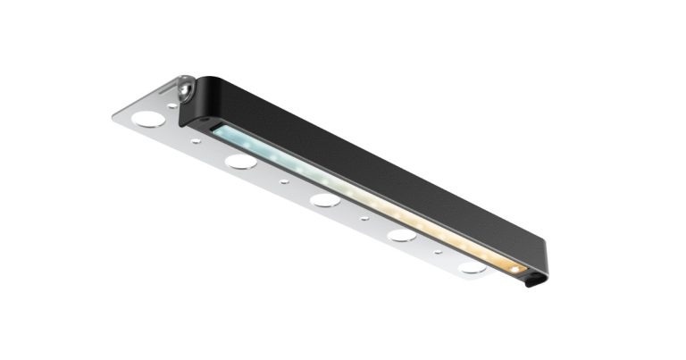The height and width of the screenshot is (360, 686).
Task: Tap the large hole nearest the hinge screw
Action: [148, 118]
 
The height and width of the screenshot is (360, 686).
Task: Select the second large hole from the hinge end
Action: [239, 162]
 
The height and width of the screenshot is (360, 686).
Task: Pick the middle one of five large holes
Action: [324, 200]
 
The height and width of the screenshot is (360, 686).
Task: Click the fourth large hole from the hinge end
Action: [402, 236]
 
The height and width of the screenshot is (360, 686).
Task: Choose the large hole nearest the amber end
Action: [473, 267]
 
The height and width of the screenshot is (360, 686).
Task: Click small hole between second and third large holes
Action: [284, 181]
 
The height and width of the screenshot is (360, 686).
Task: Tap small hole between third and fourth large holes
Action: [364, 218]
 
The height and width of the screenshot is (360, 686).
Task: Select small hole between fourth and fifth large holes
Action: [438, 252]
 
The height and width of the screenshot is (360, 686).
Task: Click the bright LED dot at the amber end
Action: [516, 267]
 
